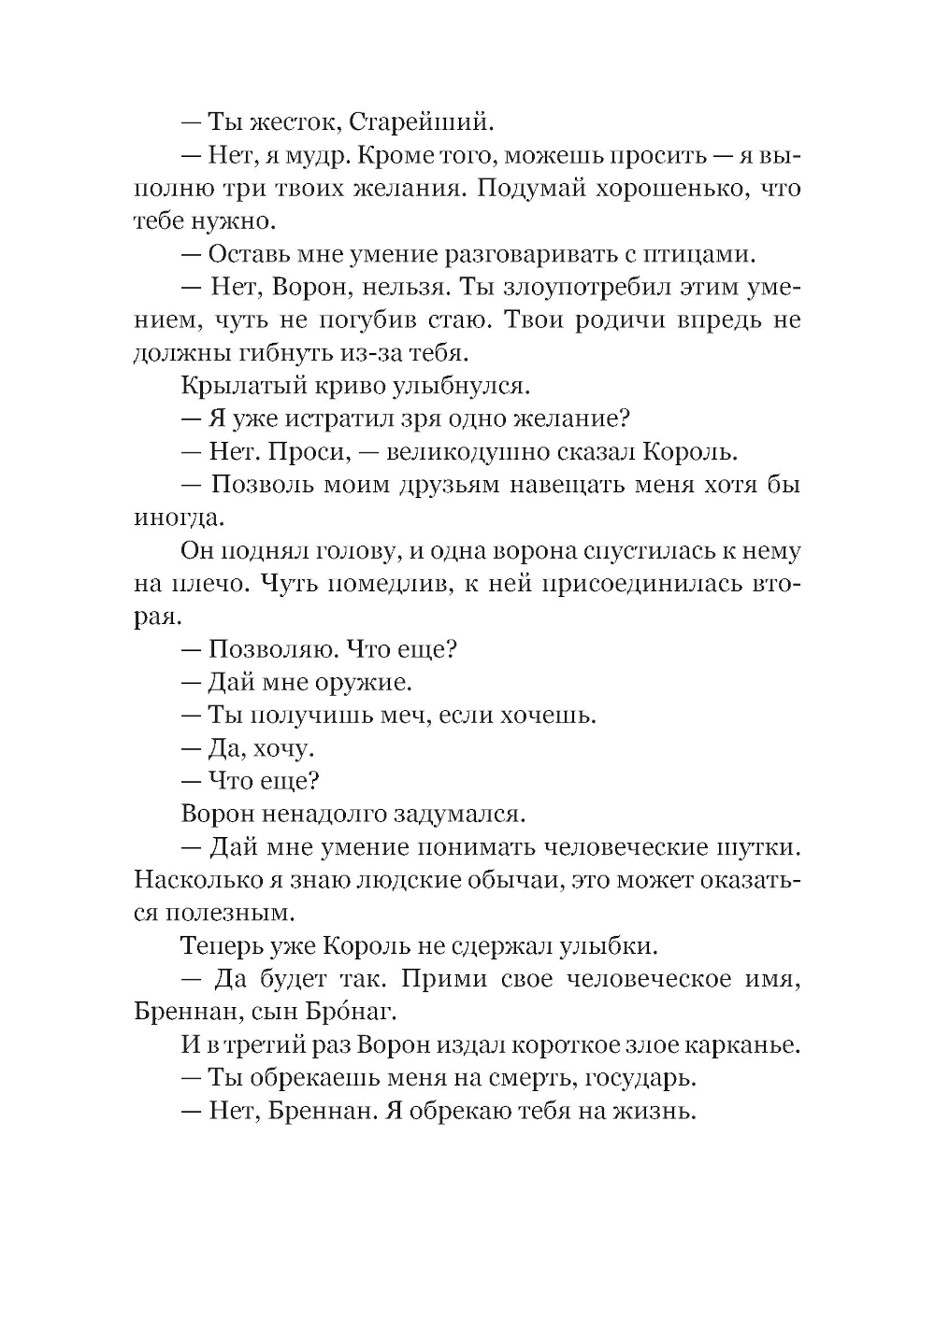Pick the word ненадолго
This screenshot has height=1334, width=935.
[x=331, y=814]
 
